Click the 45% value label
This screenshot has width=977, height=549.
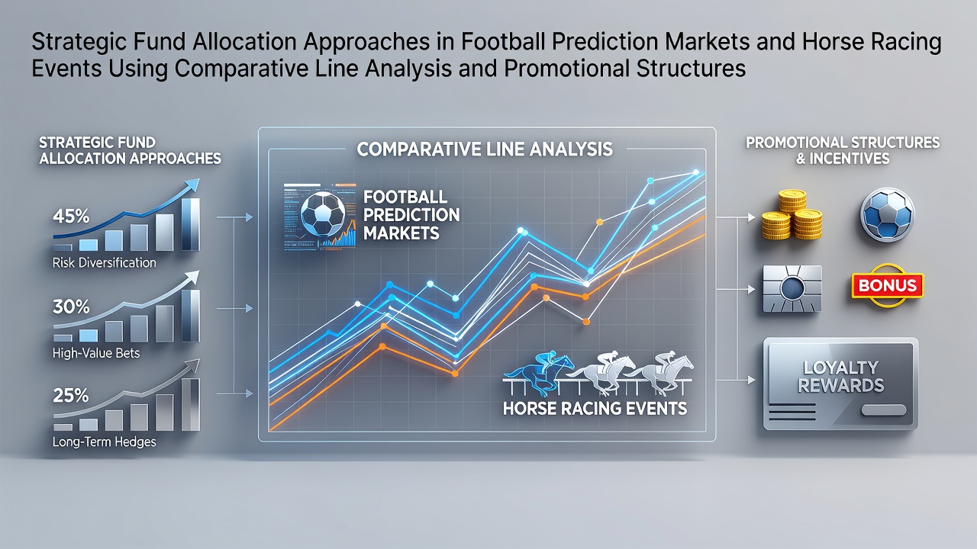(x=71, y=216)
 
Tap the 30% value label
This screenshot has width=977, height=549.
(x=71, y=307)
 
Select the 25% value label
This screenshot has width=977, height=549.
(x=71, y=396)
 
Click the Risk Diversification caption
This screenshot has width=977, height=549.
(x=105, y=263)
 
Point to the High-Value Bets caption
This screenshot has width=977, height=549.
(x=96, y=352)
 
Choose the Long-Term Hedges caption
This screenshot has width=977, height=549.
(x=105, y=441)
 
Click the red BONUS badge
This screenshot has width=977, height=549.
(x=888, y=285)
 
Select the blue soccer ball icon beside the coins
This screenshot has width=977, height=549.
(x=887, y=214)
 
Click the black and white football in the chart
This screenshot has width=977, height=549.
(x=323, y=214)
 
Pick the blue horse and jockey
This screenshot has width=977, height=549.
(x=539, y=374)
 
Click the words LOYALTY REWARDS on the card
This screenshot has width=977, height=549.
(x=840, y=377)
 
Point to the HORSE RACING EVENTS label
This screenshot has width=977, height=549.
(x=595, y=408)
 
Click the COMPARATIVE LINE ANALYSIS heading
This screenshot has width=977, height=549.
(x=485, y=149)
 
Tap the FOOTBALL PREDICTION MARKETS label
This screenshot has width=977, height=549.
(x=411, y=215)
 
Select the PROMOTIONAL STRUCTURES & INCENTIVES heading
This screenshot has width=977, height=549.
(x=843, y=150)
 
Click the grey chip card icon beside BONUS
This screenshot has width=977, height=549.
(x=792, y=288)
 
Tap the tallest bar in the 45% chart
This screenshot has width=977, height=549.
(x=191, y=224)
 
